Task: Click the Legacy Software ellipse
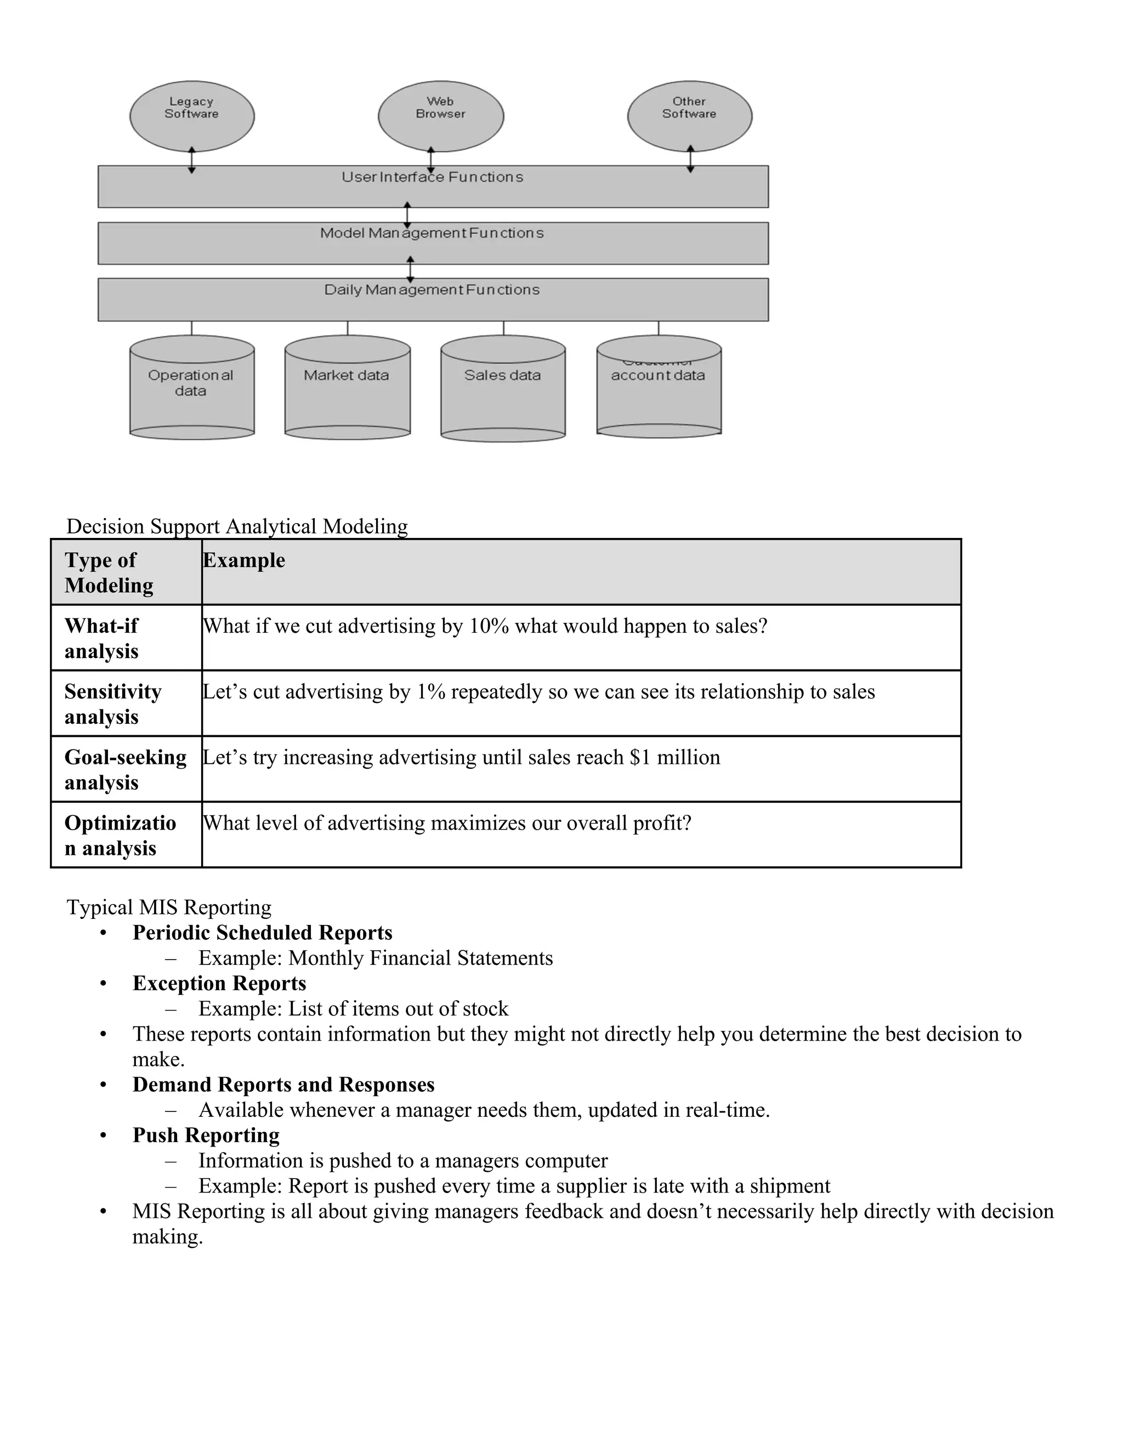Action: point(191,116)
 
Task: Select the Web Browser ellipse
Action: point(440,116)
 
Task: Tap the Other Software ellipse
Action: point(689,116)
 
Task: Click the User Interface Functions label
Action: point(433,177)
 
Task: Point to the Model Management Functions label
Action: point(432,234)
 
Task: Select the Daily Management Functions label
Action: point(432,290)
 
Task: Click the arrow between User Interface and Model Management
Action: point(407,215)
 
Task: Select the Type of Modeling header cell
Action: point(109,572)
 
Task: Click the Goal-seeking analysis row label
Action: point(125,769)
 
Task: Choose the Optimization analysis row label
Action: point(120,835)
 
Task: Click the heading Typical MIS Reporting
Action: point(169,907)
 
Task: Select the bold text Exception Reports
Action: point(219,983)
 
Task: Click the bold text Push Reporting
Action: point(206,1135)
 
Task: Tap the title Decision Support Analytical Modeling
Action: point(237,526)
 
